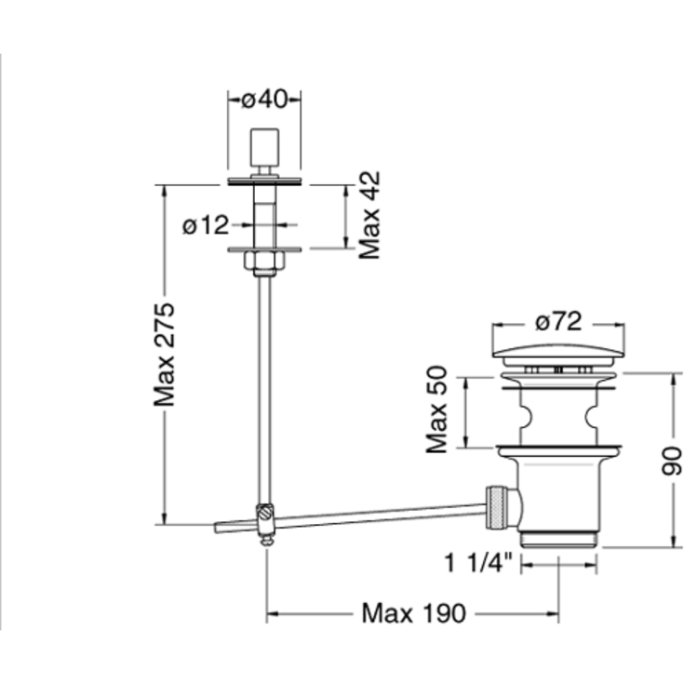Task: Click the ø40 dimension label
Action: tap(264, 100)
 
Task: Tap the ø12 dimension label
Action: tap(206, 225)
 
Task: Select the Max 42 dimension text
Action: tap(369, 215)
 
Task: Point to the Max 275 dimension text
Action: tap(164, 355)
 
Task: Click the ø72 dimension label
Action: tap(558, 322)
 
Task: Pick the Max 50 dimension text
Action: tap(436, 409)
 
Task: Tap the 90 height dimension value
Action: tap(671, 461)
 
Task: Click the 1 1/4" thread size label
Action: tap(477, 562)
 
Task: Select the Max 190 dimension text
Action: tap(414, 613)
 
